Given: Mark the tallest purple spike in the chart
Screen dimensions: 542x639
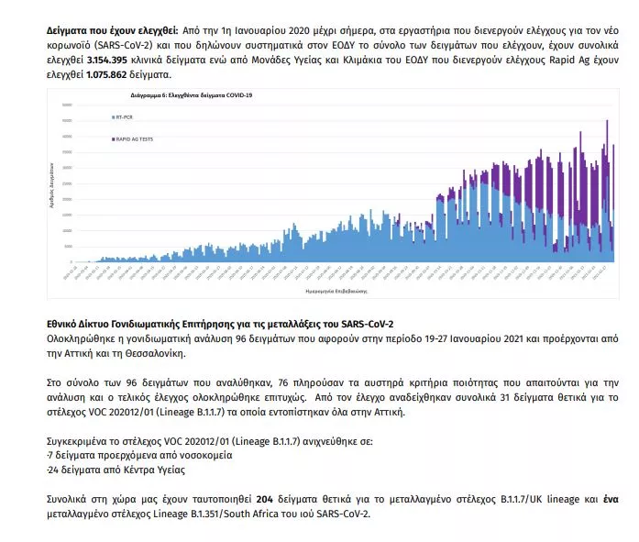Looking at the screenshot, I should pos(606,121).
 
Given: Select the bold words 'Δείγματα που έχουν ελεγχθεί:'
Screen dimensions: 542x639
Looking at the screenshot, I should pos(106,30).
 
